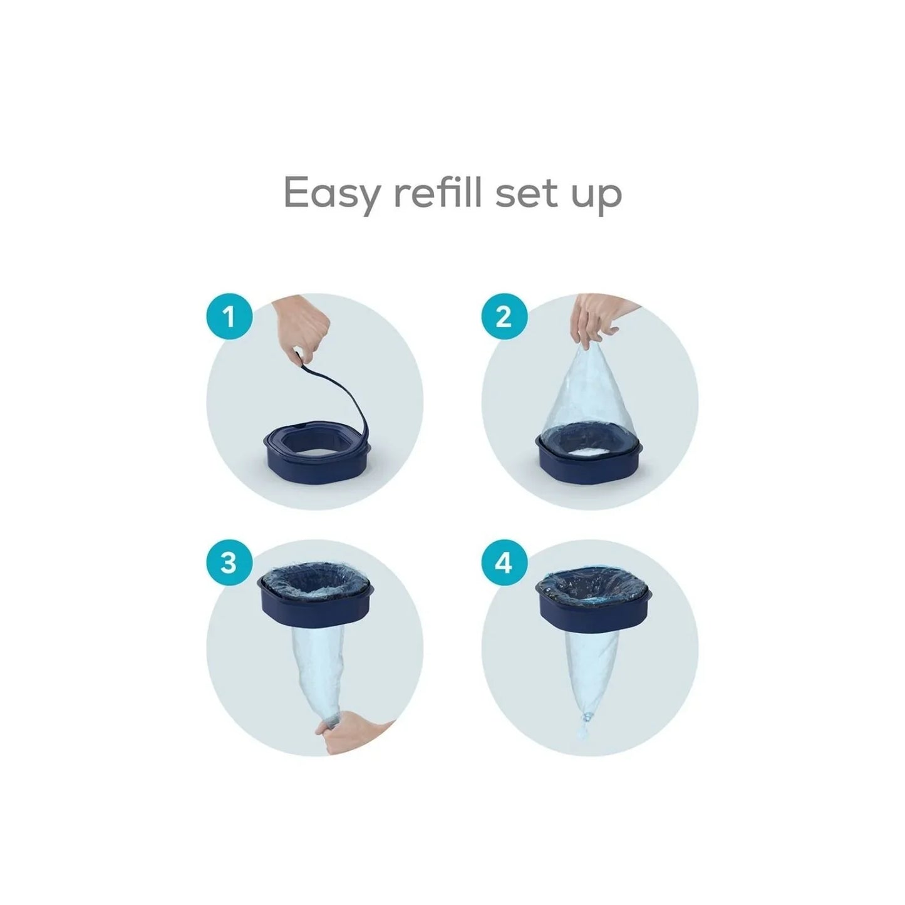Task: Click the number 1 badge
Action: [x=229, y=316]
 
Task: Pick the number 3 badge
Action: [x=229, y=562]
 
